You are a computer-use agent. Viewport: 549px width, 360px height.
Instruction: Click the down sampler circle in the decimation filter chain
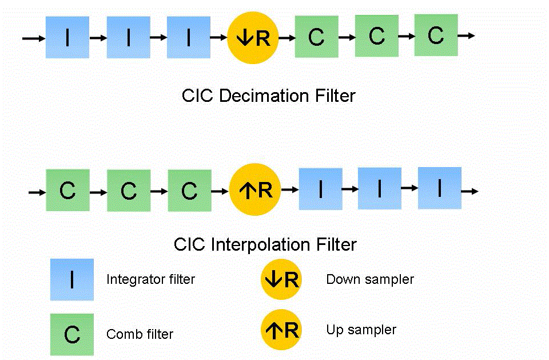(x=252, y=38)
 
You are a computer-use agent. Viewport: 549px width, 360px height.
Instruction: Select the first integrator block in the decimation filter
(x=67, y=37)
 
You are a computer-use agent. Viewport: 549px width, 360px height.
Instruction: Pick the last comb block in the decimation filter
(x=436, y=35)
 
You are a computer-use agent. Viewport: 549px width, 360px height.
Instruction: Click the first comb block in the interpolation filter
(x=67, y=190)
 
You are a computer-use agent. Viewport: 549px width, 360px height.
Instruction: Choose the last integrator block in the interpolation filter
(x=439, y=188)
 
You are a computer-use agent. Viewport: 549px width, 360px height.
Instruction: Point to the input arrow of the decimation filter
(x=32, y=38)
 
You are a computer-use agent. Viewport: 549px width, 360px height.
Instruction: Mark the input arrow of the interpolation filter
(x=36, y=192)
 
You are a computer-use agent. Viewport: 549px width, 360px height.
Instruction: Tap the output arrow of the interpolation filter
(x=470, y=191)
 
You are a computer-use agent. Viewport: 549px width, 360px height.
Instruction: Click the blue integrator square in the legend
(x=72, y=279)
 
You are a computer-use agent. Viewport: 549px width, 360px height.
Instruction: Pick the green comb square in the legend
(x=72, y=334)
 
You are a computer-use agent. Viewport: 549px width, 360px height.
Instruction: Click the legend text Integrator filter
(x=150, y=279)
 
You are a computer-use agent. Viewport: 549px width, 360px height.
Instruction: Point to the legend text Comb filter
(x=140, y=334)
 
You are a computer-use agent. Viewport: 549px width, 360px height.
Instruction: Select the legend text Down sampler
(x=369, y=279)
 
